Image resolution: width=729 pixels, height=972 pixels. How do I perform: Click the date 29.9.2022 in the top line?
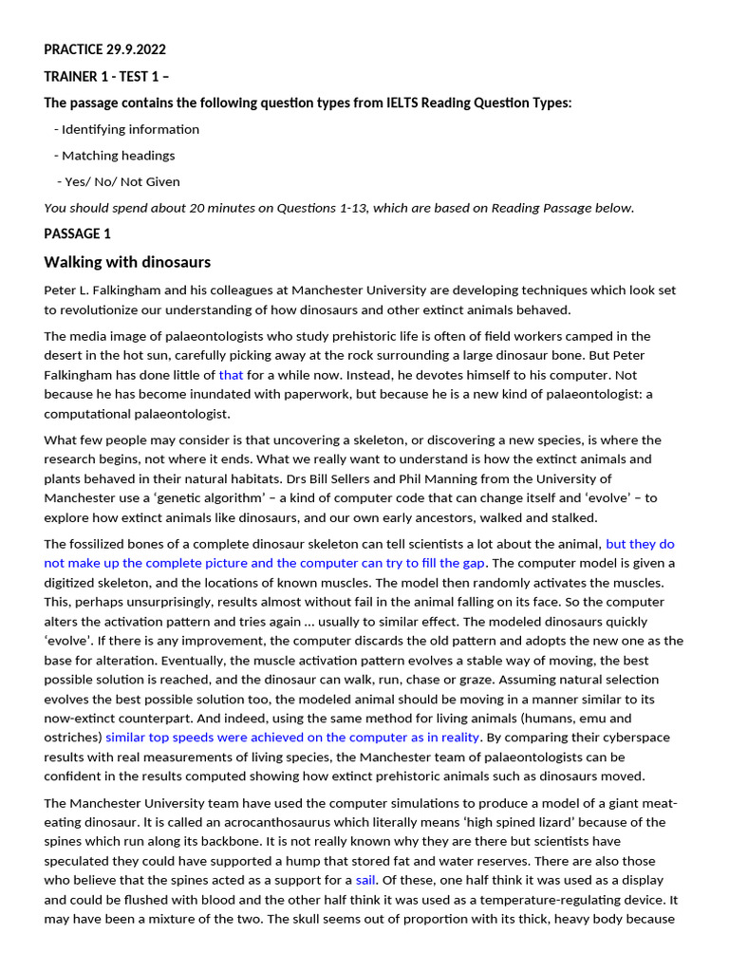(x=134, y=49)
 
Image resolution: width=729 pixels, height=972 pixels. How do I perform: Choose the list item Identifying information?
(x=130, y=129)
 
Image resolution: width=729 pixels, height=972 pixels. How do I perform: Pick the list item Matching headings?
(x=118, y=156)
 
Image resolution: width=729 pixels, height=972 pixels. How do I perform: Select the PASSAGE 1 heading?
(x=78, y=234)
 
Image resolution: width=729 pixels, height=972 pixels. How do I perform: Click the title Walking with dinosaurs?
(x=127, y=262)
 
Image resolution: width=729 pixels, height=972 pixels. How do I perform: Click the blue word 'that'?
(x=231, y=375)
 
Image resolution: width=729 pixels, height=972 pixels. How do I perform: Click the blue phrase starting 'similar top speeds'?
(x=292, y=738)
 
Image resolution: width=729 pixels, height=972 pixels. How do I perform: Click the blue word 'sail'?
(x=365, y=880)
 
